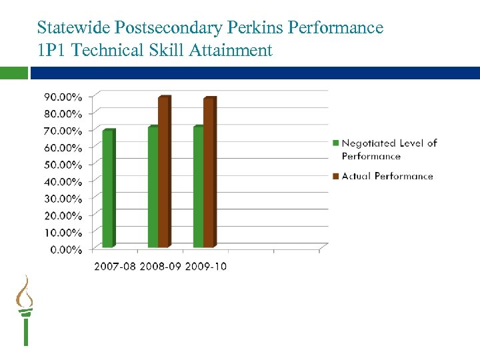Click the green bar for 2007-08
(x=108, y=189)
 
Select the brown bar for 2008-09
(x=164, y=172)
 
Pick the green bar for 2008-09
(x=153, y=187)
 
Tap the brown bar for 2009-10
(x=209, y=173)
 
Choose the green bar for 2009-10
(x=198, y=187)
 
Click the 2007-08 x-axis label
(x=114, y=267)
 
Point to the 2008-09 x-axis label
(x=159, y=267)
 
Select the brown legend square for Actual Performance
(x=336, y=177)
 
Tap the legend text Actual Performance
(x=387, y=177)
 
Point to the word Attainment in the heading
(x=233, y=50)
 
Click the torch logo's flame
(x=25, y=291)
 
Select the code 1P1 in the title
(x=52, y=50)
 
